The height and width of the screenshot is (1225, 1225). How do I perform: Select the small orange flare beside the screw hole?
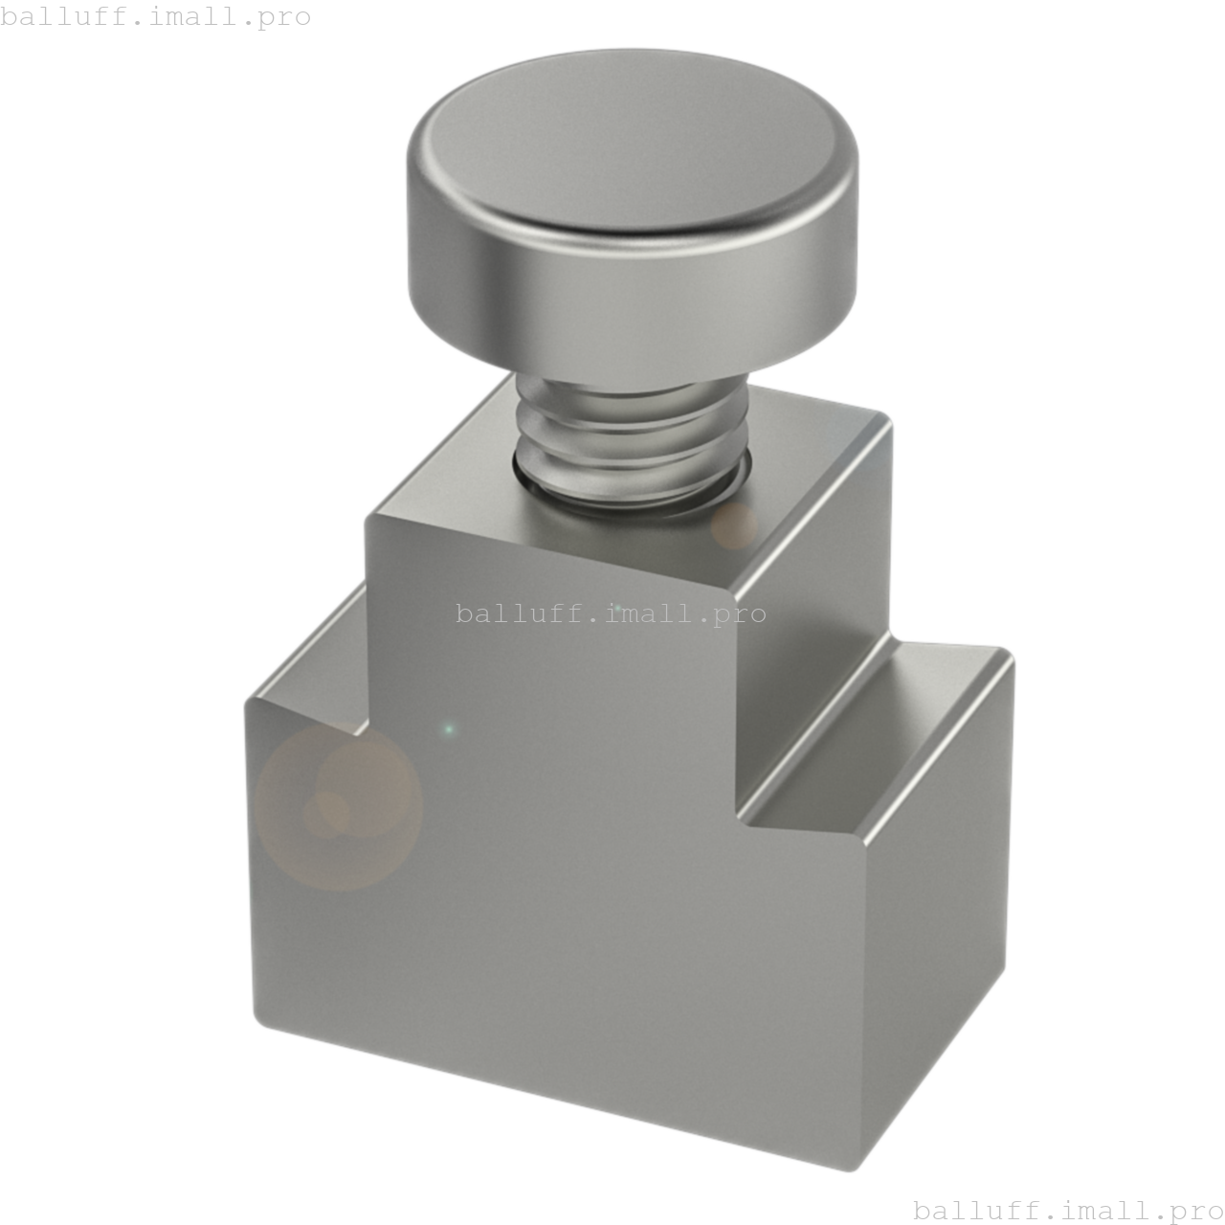(734, 525)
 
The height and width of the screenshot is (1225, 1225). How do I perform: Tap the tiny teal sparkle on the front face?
(449, 730)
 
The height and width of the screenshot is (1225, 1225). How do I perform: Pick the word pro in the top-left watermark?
(284, 16)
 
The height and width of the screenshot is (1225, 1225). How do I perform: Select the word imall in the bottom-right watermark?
(1099, 1210)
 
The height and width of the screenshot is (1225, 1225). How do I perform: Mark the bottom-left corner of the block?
(256, 1014)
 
